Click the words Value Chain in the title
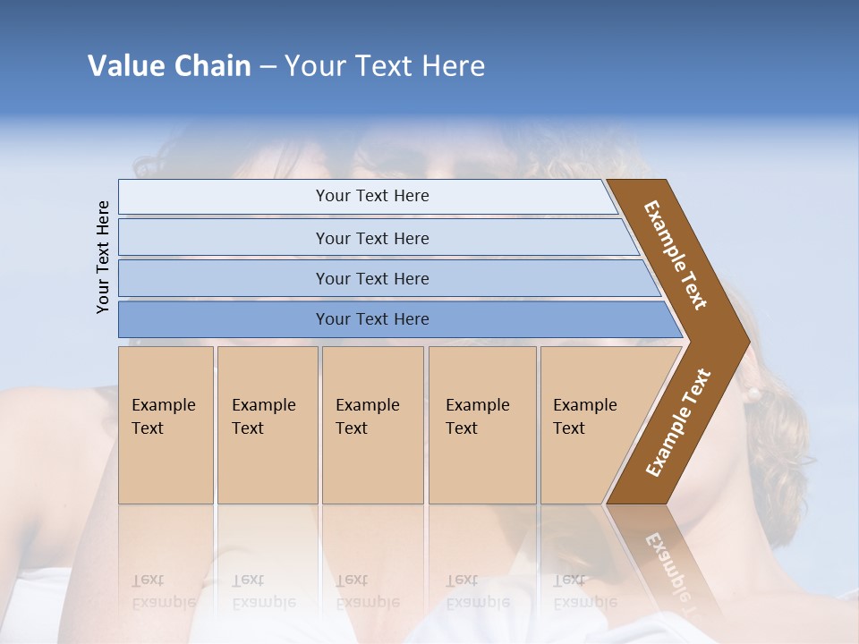click(x=169, y=65)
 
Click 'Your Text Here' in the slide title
click(x=385, y=65)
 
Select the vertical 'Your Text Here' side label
click(x=103, y=257)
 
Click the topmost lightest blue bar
click(x=367, y=196)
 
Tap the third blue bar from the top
click(x=376, y=278)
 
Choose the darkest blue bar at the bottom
click(x=385, y=319)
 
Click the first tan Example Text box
click(x=166, y=425)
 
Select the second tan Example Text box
click(x=267, y=425)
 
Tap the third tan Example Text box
click(x=372, y=425)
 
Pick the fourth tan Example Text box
click(x=481, y=425)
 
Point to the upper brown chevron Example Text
click(x=676, y=255)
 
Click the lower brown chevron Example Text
click(x=678, y=423)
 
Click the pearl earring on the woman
click(x=753, y=393)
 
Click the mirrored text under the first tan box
click(x=164, y=591)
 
